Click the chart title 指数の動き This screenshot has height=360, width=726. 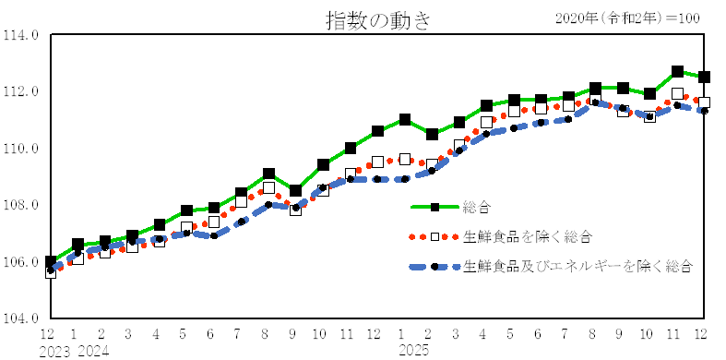[x=377, y=19]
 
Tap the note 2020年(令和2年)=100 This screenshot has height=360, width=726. [x=626, y=18]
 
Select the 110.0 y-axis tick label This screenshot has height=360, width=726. [x=22, y=149]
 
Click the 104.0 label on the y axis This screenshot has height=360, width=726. [x=22, y=318]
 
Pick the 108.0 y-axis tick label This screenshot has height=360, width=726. [x=22, y=205]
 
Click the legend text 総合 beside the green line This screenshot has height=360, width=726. [x=477, y=208]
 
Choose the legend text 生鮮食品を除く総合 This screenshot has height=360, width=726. [x=527, y=237]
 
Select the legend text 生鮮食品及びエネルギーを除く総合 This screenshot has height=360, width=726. [x=577, y=266]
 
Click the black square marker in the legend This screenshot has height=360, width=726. [x=434, y=208]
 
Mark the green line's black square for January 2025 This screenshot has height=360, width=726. [x=405, y=120]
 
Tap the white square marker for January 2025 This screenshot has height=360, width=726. [x=405, y=159]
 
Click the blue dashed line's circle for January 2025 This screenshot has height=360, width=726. [x=405, y=179]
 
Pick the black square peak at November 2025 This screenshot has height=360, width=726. [x=677, y=71]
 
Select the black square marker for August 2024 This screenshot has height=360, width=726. [x=268, y=174]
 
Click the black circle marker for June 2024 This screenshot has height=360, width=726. [x=214, y=235]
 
